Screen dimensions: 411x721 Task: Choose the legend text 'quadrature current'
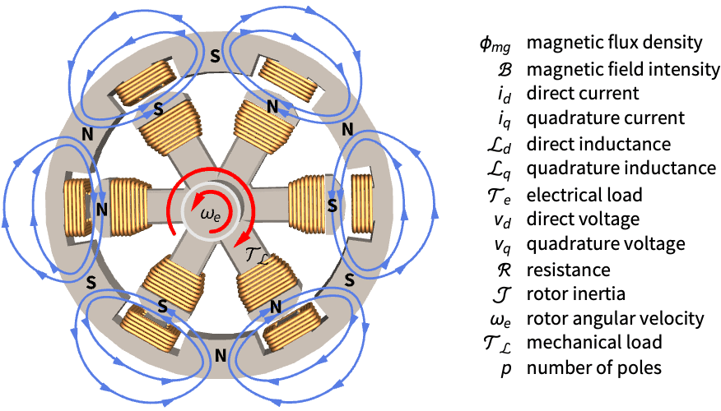tap(603, 118)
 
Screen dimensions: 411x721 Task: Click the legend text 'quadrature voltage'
tap(604, 244)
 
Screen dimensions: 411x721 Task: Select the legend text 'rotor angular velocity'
tap(615, 318)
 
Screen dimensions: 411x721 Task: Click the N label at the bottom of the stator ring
tap(220, 357)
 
